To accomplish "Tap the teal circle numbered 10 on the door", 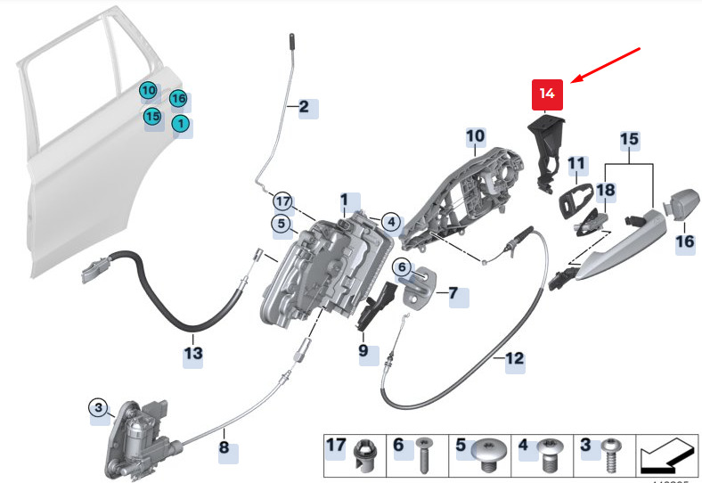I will (148, 90).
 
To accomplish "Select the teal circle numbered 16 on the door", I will (178, 98).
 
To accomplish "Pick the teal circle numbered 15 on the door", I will (152, 116).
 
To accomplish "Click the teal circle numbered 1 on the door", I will (180, 124).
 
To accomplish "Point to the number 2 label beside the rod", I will (305, 109).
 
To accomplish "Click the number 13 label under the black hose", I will (193, 353).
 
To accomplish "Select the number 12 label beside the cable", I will (514, 360).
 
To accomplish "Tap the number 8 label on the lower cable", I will (224, 447).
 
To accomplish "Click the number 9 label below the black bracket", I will (363, 351).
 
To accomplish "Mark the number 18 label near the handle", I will (605, 191).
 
